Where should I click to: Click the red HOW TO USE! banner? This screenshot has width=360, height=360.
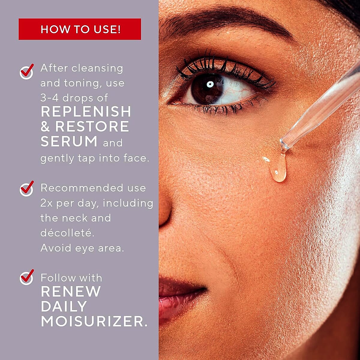coord(80,29)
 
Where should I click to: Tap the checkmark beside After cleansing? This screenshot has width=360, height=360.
coord(27,71)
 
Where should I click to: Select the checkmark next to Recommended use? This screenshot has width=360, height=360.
coord(27,188)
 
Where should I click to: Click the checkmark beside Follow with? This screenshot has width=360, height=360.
coord(27,277)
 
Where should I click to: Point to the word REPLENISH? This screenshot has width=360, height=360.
coord(86,112)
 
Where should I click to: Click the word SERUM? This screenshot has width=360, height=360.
coord(69,141)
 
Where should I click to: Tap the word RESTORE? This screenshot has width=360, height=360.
coord(92,127)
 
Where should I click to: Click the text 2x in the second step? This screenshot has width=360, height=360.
coord(46,203)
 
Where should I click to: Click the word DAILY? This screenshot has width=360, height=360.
coord(64,306)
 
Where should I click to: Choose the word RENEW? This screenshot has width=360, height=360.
coord(71,291)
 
